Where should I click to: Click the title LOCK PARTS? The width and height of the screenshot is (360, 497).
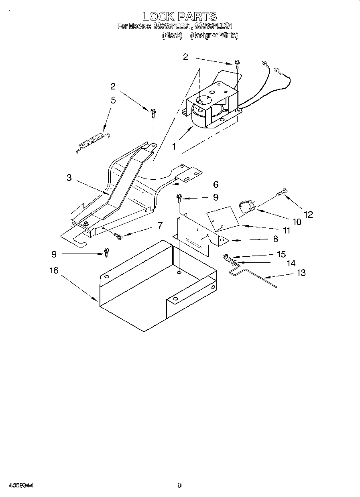[179, 16]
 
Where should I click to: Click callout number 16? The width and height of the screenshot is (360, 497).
[54, 270]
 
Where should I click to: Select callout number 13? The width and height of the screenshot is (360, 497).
[301, 273]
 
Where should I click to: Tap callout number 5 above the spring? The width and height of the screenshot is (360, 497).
[113, 100]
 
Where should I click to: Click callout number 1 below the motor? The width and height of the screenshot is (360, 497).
[174, 147]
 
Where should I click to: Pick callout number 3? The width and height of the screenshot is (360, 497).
[69, 177]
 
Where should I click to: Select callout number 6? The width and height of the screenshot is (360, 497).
[216, 185]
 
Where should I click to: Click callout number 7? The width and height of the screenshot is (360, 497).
[160, 225]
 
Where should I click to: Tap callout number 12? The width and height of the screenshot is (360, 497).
[308, 214]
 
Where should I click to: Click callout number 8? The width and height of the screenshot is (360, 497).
[275, 239]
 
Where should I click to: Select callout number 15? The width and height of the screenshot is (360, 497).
[281, 254]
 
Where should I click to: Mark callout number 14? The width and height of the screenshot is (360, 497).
[291, 263]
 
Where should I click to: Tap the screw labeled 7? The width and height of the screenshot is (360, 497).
[117, 236]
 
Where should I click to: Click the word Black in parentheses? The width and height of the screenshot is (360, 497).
[172, 36]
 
